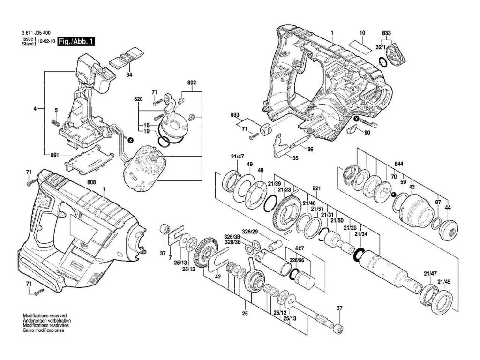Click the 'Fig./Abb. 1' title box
pyautogui.click(x=76, y=41)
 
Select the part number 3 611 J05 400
pyautogui.click(x=37, y=33)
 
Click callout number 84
pyautogui.click(x=129, y=75)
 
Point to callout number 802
pyautogui.click(x=192, y=82)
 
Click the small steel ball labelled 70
pyautogui.click(x=394, y=195)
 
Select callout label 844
pyautogui.click(x=398, y=164)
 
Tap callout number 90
pyautogui.click(x=367, y=132)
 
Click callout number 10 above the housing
pyautogui.click(x=362, y=33)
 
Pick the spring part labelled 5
pyautogui.click(x=55, y=122)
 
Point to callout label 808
pyautogui.click(x=91, y=182)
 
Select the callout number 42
pyautogui.click(x=217, y=277)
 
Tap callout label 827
pyautogui.click(x=300, y=248)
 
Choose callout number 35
pyautogui.click(x=295, y=158)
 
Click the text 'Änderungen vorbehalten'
pyautogui.click(x=45, y=321)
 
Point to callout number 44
pyautogui.click(x=448, y=208)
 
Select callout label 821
pyautogui.click(x=316, y=189)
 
